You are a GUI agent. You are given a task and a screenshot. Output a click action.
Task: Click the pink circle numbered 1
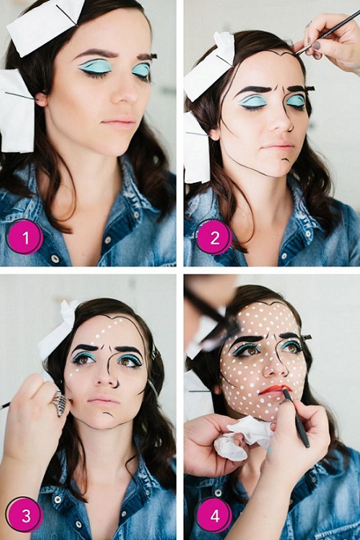coord(26,236)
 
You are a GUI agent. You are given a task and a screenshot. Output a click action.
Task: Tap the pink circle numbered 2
coord(214,236)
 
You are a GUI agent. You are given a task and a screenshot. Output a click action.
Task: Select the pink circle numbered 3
coord(26,514)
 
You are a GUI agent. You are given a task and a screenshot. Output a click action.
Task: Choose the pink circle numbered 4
coord(214,515)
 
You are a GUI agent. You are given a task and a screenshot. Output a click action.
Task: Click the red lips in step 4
coord(273,389)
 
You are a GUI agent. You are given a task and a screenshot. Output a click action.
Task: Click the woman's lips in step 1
coord(121,123)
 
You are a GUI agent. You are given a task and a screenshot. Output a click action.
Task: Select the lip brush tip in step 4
coord(285,393)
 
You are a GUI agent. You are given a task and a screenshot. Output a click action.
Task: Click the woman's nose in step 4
coord(272,365)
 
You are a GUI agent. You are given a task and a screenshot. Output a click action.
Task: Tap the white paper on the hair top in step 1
coord(44,22)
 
